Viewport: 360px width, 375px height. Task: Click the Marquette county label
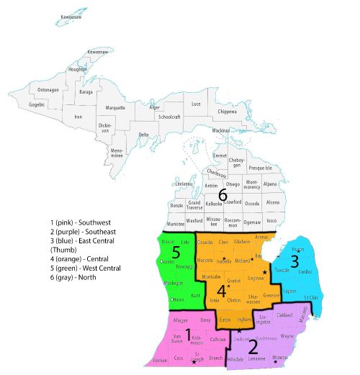pyautogui.click(x=115, y=108)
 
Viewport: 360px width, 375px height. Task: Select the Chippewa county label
pyautogui.click(x=227, y=112)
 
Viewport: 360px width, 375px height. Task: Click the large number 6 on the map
pyautogui.click(x=222, y=195)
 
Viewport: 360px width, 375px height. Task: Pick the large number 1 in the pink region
pyautogui.click(x=188, y=335)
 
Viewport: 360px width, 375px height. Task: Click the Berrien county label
pyautogui.click(x=161, y=358)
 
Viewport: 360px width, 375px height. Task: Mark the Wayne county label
pyautogui.click(x=287, y=335)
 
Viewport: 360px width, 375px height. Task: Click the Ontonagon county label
pyautogui.click(x=48, y=90)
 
